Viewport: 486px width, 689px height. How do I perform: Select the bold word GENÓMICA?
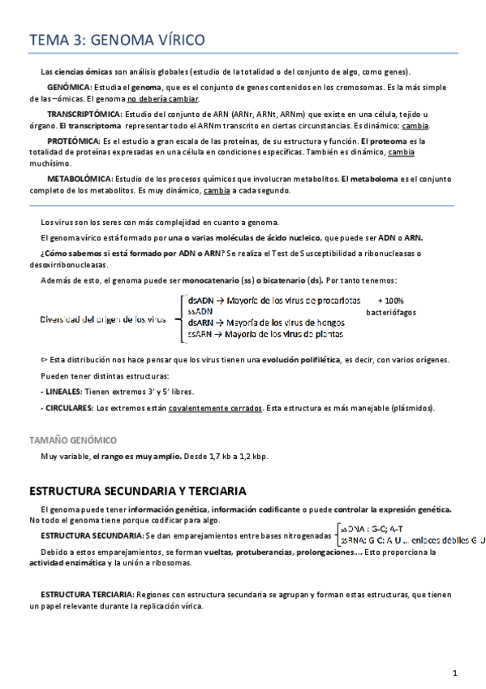69,87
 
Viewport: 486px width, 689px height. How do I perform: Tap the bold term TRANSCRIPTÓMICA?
84,115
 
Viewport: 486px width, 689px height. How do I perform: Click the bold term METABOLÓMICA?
80,178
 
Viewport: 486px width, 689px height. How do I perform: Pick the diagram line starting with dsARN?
266,322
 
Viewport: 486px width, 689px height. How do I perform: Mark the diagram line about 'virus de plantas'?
266,333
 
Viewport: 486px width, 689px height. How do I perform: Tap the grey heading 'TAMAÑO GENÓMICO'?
72,440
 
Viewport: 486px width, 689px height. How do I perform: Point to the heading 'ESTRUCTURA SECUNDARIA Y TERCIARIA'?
138,492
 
